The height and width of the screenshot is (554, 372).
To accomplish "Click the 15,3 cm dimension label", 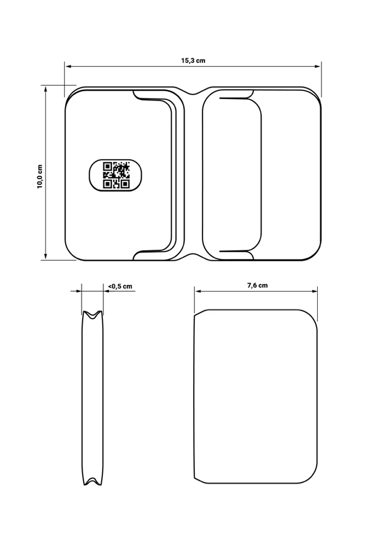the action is click(193, 61).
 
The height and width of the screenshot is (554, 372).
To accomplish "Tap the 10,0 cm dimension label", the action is click(39, 176).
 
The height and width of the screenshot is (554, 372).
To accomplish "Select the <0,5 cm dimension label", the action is click(120, 286).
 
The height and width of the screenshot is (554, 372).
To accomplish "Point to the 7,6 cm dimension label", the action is click(258, 286).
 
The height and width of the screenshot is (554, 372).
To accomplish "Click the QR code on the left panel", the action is click(117, 175).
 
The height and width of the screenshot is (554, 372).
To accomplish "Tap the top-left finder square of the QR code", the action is click(108, 167).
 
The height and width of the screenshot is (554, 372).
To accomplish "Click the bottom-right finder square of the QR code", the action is click(125, 184).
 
